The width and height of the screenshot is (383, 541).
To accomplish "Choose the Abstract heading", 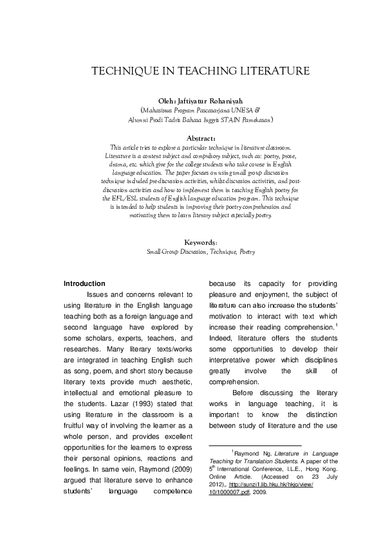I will tap(191, 137).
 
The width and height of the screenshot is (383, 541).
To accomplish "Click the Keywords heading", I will tap(191, 243).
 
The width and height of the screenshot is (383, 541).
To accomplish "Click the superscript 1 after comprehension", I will tap(337, 326).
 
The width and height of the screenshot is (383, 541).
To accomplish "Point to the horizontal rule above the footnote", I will tap(256, 445).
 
